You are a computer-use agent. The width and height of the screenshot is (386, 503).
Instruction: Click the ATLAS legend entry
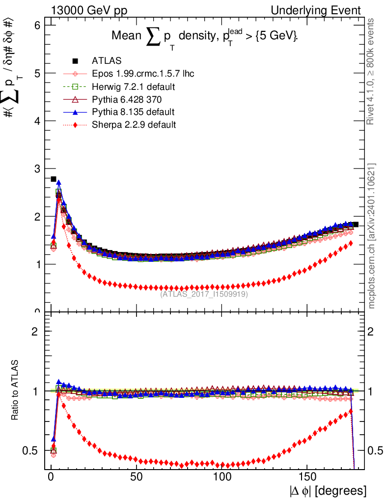[x=107, y=61]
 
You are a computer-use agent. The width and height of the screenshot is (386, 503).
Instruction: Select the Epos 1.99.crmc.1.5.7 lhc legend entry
[x=143, y=74]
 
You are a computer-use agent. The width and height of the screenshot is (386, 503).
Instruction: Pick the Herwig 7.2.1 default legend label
[x=134, y=86]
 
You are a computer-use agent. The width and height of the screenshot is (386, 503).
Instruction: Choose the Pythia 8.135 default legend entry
[x=133, y=112]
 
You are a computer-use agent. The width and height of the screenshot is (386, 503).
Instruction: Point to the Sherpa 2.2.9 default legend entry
[x=134, y=125]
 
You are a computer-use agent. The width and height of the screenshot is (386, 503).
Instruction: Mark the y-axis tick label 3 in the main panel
[x=37, y=168]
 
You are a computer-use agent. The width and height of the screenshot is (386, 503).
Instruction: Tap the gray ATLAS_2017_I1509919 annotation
[x=204, y=294]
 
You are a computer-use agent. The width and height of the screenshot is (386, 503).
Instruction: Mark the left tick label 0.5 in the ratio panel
[x=33, y=450]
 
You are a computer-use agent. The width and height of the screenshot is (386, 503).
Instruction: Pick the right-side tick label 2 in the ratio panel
[x=372, y=331]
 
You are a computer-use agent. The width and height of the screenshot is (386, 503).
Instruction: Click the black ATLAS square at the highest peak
[x=54, y=179]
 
